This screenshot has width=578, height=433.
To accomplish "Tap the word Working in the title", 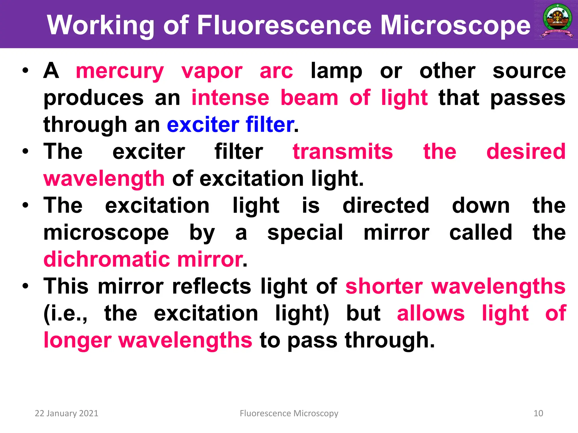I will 100,25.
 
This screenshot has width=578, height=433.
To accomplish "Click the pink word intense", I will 230,98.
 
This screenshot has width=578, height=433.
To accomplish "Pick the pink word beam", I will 309,98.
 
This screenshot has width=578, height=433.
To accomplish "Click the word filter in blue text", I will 270,125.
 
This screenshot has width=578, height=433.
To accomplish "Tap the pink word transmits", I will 343,152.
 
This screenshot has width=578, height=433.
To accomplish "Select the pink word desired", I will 526,152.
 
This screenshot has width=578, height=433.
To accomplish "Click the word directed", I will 386,206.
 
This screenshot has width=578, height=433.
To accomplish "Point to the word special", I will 305,233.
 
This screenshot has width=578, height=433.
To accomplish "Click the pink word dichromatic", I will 107,259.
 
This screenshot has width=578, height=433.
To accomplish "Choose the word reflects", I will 211,286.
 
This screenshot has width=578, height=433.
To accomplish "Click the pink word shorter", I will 384,286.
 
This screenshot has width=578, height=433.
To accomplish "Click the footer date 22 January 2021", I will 66,413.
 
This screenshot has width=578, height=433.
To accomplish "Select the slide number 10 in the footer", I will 538,413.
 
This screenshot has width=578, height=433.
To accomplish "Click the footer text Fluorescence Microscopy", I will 289,413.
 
